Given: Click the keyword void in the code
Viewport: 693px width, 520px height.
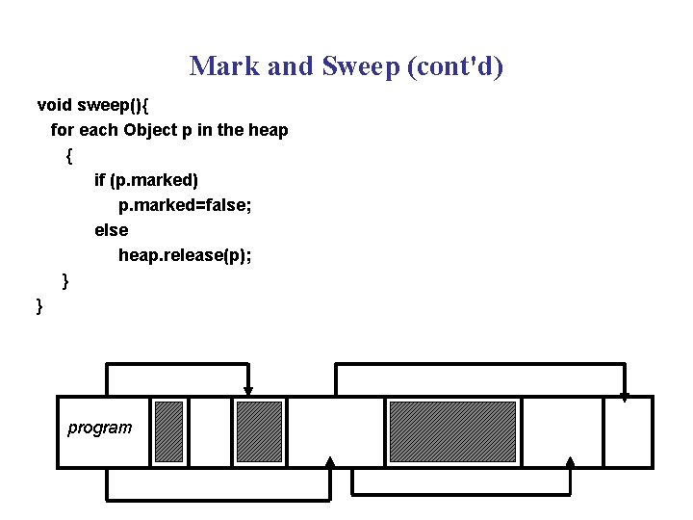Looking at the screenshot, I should coord(55,104).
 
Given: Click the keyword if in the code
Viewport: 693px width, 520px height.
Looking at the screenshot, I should coord(100,180).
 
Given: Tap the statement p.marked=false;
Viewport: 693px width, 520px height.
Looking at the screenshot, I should coord(185,205).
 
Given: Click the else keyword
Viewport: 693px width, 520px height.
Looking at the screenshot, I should coord(111,230).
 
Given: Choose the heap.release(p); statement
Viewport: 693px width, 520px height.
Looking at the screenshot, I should coord(185,255).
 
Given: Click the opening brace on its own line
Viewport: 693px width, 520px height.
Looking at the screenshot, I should coord(68,155).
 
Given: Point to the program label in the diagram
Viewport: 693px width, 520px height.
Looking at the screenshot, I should coord(100,428).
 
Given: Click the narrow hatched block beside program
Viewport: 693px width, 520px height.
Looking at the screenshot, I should coord(168,431).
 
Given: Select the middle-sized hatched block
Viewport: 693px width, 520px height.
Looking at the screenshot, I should coord(259,431).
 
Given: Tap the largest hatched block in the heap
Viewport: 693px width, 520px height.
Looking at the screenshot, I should coord(452,431).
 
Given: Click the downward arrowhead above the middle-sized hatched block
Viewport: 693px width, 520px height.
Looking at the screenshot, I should coord(248,391).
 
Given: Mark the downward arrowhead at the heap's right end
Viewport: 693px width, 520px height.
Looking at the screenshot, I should coord(625,396).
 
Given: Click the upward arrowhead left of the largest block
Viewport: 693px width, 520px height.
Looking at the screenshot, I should coord(330,463).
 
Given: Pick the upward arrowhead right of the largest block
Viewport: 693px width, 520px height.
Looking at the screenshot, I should coord(570,463).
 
